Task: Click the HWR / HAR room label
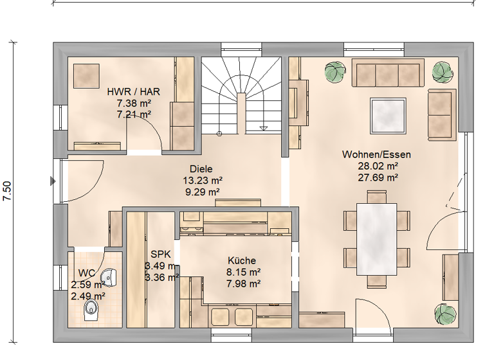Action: point(134,91)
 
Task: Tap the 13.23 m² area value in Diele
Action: point(202,181)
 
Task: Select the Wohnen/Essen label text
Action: point(376,154)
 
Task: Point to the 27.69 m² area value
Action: point(377,177)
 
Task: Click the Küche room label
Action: point(242,260)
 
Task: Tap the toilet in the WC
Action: point(91,312)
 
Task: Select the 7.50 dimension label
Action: point(8,191)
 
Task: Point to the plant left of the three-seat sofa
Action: point(334,72)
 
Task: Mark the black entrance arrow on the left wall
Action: point(53,182)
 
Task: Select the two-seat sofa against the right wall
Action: point(441,114)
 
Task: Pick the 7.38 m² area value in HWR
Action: point(134,103)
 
